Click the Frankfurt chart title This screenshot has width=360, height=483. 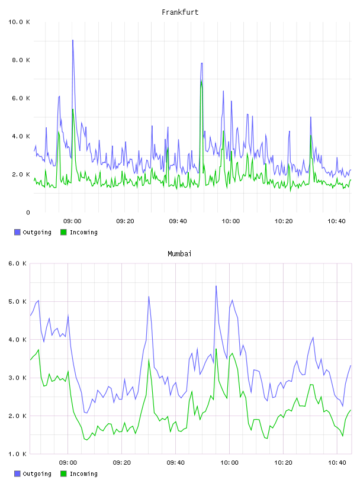point(180,12)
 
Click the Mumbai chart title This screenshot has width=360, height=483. point(179,254)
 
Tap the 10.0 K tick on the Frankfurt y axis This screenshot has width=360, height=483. point(19,22)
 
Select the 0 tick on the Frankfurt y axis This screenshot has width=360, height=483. point(28,212)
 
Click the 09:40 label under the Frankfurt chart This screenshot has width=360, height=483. point(178,221)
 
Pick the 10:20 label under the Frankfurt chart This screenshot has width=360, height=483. point(284,221)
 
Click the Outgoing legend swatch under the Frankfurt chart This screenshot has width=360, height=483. point(17,232)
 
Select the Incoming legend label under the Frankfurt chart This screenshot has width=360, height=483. point(83,233)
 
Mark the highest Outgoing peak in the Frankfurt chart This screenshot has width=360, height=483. point(73,40)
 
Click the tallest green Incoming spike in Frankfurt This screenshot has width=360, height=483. point(201,82)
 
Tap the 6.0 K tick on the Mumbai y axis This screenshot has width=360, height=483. point(17,263)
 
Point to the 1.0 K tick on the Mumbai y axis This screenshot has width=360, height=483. point(17,454)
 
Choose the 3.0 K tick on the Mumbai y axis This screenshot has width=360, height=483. point(17,378)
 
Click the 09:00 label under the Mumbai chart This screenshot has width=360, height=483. point(68,463)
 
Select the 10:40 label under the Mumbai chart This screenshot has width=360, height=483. point(337,463)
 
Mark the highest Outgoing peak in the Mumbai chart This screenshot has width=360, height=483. point(216,286)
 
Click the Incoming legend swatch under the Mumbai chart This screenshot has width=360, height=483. point(63,474)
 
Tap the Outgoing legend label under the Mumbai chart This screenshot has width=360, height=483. point(37,474)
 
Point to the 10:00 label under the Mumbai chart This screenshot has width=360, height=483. point(229,463)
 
